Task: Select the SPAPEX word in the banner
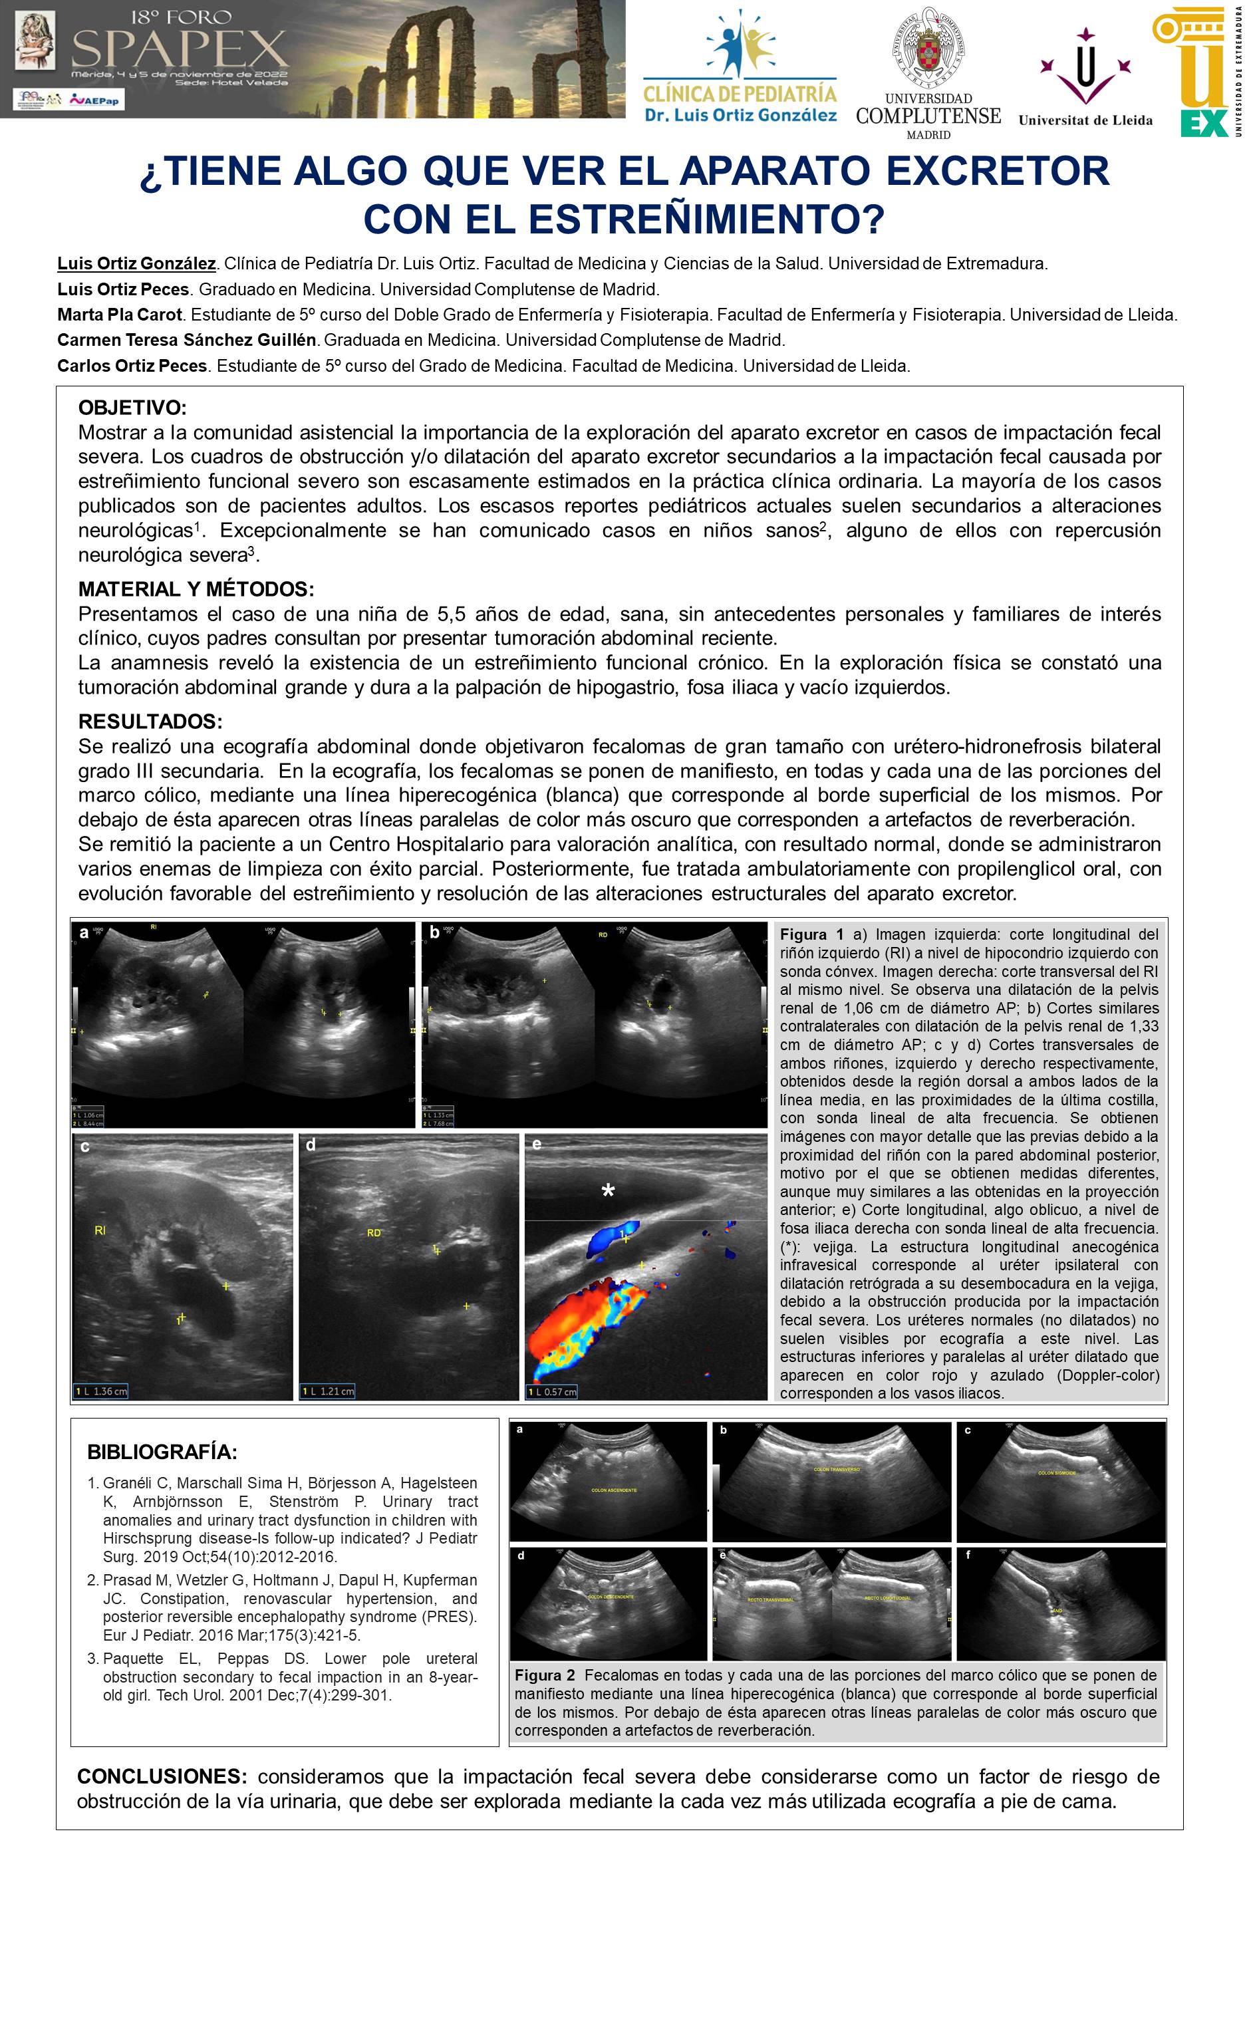pyautogui.click(x=180, y=53)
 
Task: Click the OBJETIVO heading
pyautogui.click(x=133, y=408)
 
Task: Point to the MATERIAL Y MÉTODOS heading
pyautogui.click(x=196, y=589)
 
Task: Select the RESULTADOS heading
pyautogui.click(x=150, y=720)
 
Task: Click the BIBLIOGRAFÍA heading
pyautogui.click(x=162, y=1452)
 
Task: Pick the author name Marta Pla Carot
pyautogui.click(x=118, y=315)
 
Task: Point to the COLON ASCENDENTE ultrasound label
pyautogui.click(x=614, y=1490)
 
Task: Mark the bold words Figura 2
pyautogui.click(x=544, y=1674)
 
